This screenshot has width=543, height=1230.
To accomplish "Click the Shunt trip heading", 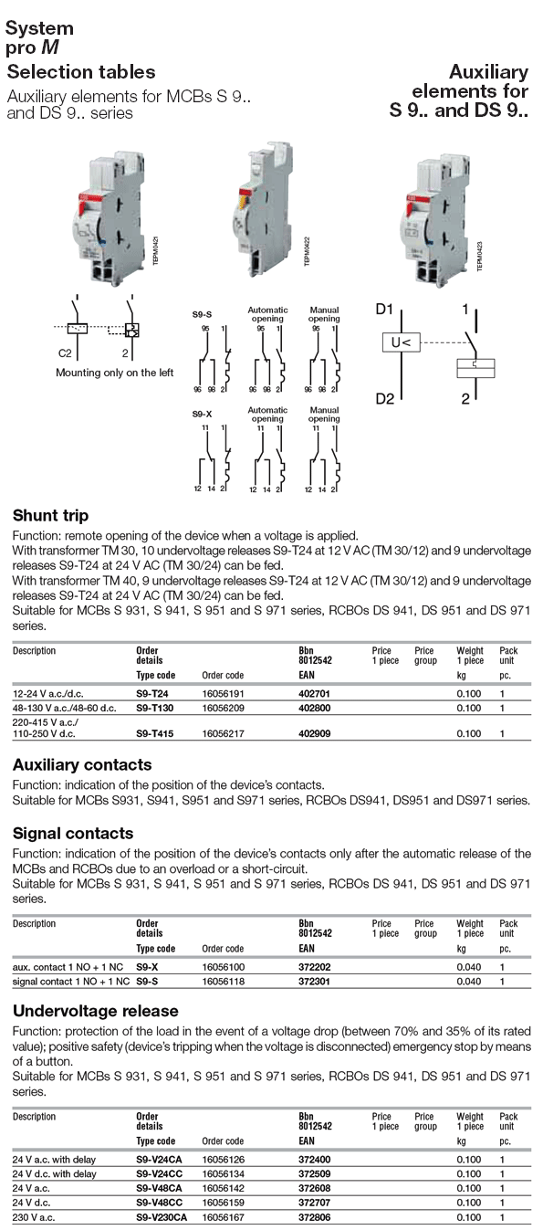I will [50, 517].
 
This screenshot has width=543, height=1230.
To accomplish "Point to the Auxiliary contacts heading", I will [82, 764].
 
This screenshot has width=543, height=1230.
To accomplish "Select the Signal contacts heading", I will [73, 834].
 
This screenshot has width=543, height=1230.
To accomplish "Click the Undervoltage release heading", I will [96, 1012].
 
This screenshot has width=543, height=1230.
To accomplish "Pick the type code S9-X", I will [148, 966].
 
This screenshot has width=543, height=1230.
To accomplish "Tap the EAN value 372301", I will [315, 982].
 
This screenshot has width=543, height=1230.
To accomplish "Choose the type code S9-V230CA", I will [162, 1217].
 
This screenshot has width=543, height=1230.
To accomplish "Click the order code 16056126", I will [222, 1159].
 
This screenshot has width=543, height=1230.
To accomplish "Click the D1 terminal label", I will [384, 310].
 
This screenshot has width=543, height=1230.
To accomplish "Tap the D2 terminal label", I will [384, 400].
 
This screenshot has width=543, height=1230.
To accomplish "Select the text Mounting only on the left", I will [114, 373].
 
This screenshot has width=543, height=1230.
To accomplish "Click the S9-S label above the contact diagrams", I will [203, 314].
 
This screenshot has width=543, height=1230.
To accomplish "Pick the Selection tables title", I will [81, 72].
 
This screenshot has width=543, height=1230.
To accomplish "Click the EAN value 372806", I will [315, 1217].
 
